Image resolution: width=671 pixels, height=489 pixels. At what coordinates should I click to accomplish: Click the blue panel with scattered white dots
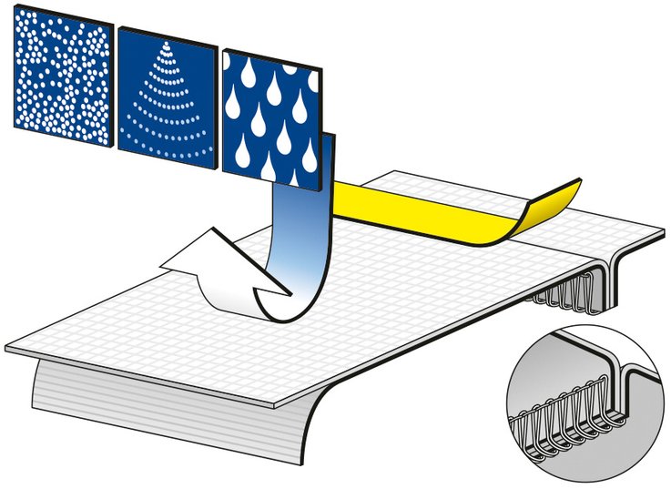pos(62,82)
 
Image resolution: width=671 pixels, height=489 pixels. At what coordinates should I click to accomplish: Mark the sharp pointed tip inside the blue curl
pos(289,294)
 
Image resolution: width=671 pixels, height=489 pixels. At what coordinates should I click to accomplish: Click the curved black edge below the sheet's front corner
pos(310,428)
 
